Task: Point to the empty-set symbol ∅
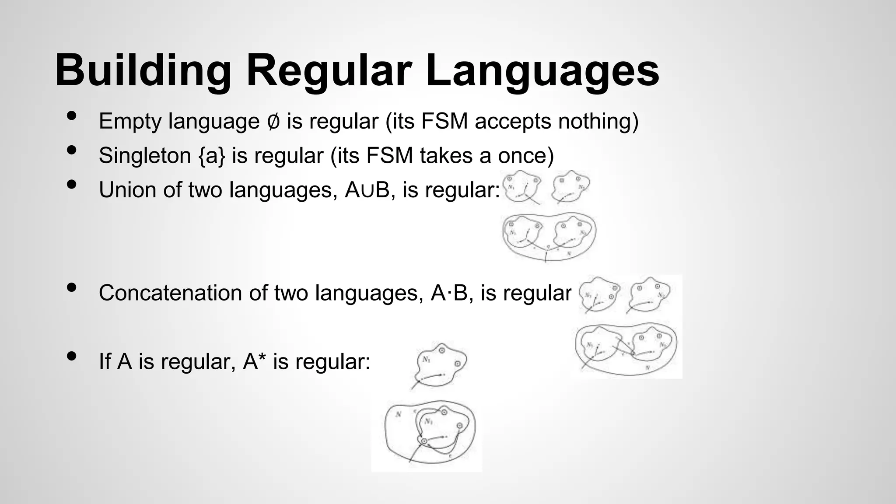(x=273, y=122)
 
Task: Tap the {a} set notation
(x=212, y=156)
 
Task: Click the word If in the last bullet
(x=105, y=361)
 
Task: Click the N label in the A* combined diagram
(x=398, y=414)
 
